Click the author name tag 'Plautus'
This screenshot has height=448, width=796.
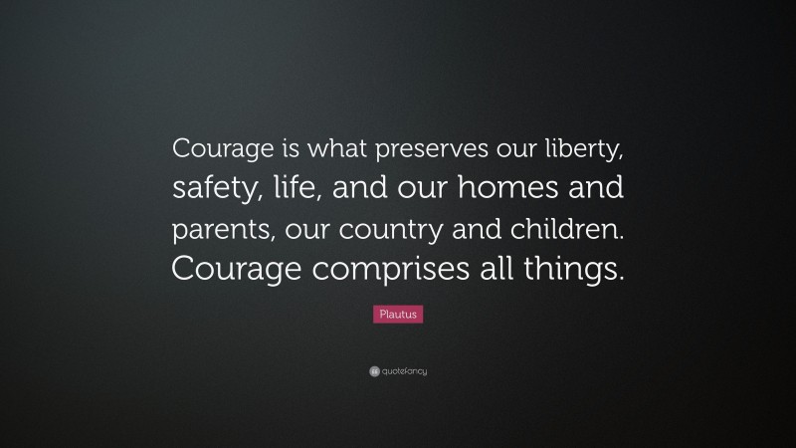coord(398,315)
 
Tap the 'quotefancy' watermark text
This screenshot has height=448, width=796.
coord(404,371)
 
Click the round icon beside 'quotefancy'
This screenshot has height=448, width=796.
coord(373,371)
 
